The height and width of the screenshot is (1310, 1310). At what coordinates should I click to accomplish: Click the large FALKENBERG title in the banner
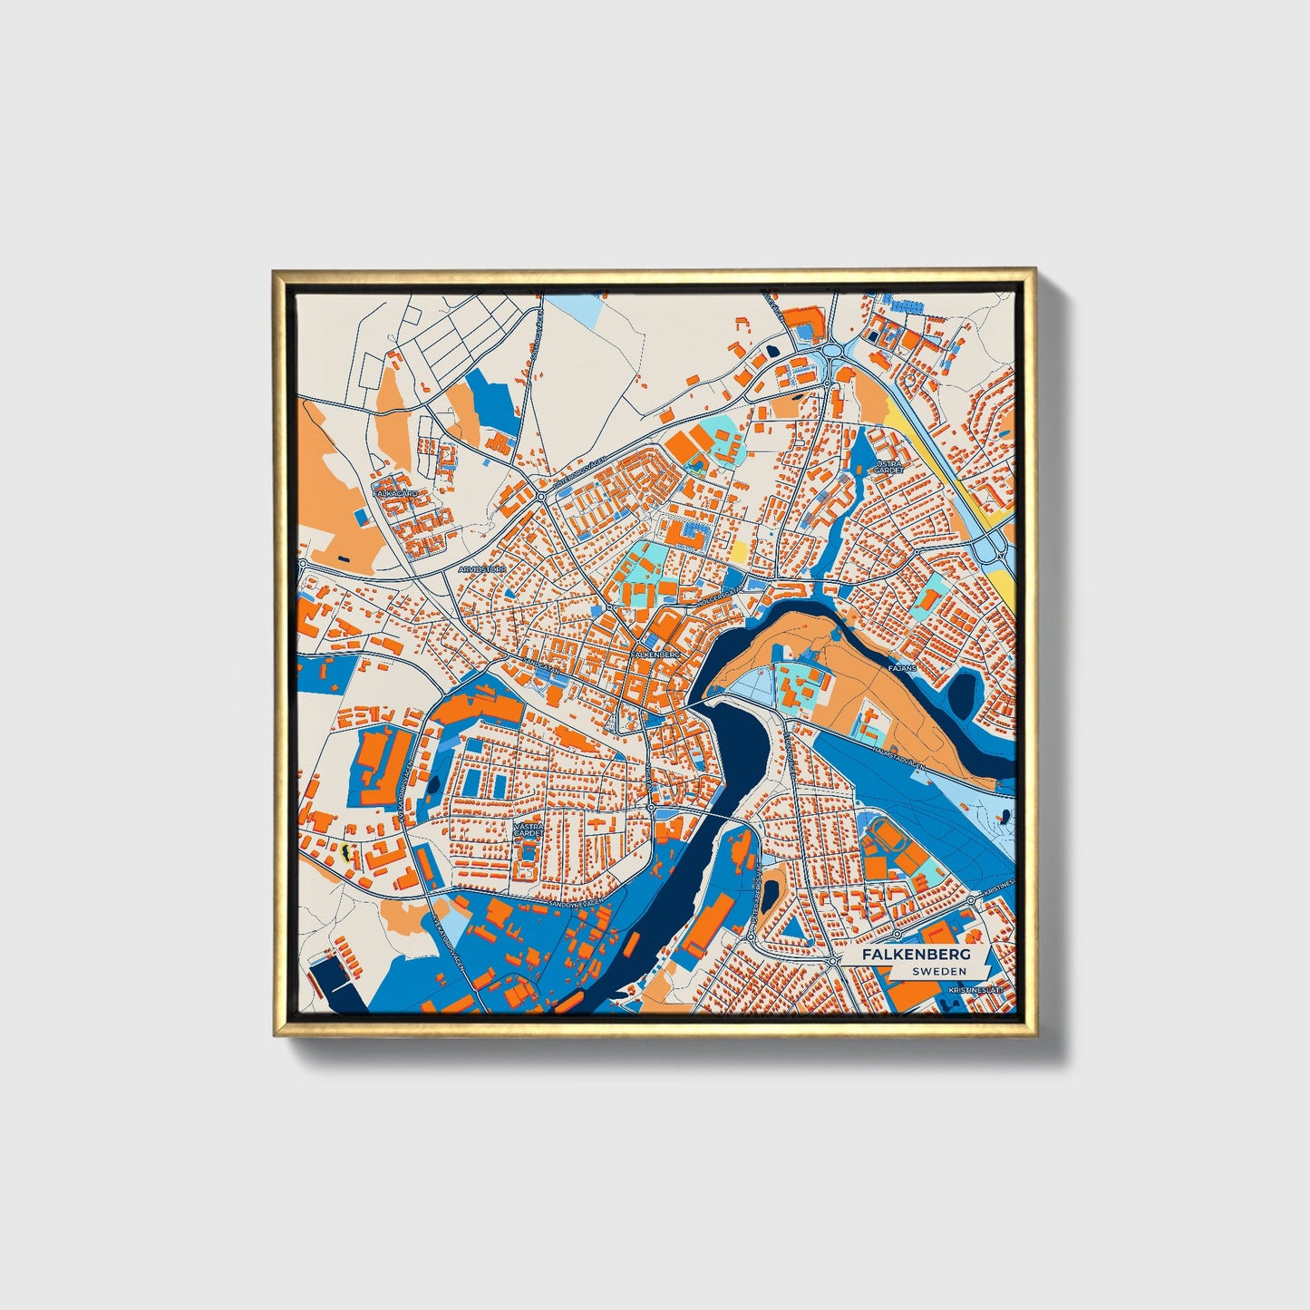click(x=916, y=956)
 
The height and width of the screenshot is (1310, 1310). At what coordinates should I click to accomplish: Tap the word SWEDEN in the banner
click(x=939, y=971)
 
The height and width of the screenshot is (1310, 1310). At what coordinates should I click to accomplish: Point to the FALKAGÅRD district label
click(x=395, y=493)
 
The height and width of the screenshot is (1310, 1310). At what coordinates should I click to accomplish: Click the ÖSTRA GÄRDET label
click(x=883, y=466)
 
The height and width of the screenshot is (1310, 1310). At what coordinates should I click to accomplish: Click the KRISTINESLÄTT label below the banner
click(x=975, y=990)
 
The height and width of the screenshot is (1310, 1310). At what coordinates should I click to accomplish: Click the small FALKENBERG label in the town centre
click(x=656, y=653)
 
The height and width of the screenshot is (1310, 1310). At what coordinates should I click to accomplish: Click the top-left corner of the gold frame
click(x=275, y=272)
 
